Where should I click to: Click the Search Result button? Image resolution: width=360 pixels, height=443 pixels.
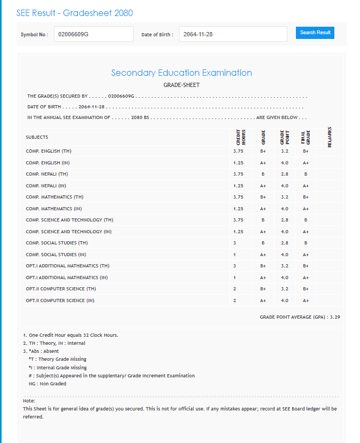point(315,33)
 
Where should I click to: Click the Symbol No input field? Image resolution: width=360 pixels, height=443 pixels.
point(93,34)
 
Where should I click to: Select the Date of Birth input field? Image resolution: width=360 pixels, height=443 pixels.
point(233,34)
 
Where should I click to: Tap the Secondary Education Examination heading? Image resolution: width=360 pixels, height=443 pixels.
point(182,73)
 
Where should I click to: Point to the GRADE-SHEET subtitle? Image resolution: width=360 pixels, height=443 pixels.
point(182,85)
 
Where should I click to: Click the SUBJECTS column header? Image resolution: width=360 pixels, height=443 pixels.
point(37,137)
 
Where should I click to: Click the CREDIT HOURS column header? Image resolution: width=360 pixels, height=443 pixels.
point(240,137)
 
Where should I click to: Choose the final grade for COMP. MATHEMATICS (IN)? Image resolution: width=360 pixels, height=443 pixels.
point(306,209)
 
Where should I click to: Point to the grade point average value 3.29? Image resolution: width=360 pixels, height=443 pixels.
point(335,317)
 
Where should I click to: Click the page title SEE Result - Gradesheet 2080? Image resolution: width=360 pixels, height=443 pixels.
point(75,13)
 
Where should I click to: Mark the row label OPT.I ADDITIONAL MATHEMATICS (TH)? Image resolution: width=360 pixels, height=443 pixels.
point(67,266)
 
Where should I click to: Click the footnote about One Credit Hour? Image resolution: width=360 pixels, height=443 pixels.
point(71,335)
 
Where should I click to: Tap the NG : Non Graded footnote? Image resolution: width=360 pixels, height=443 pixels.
point(48,384)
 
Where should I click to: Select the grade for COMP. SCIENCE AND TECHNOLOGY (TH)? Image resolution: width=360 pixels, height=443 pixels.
point(263,220)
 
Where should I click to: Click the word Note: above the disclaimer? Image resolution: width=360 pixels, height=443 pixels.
point(29,400)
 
